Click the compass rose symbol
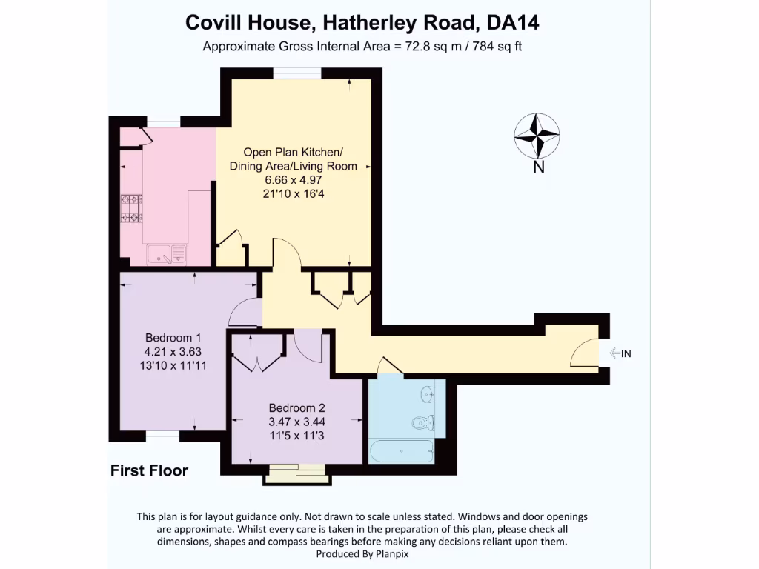(x=537, y=136)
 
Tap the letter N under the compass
(x=539, y=167)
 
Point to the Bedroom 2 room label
(x=296, y=407)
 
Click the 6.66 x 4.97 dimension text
(x=294, y=180)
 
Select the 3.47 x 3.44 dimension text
(x=296, y=422)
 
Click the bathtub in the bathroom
(x=400, y=450)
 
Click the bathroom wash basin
(x=428, y=393)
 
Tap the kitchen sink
(x=168, y=255)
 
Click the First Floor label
(x=149, y=470)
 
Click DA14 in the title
(x=513, y=23)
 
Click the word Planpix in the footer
(x=390, y=553)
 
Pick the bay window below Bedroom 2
(x=297, y=475)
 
